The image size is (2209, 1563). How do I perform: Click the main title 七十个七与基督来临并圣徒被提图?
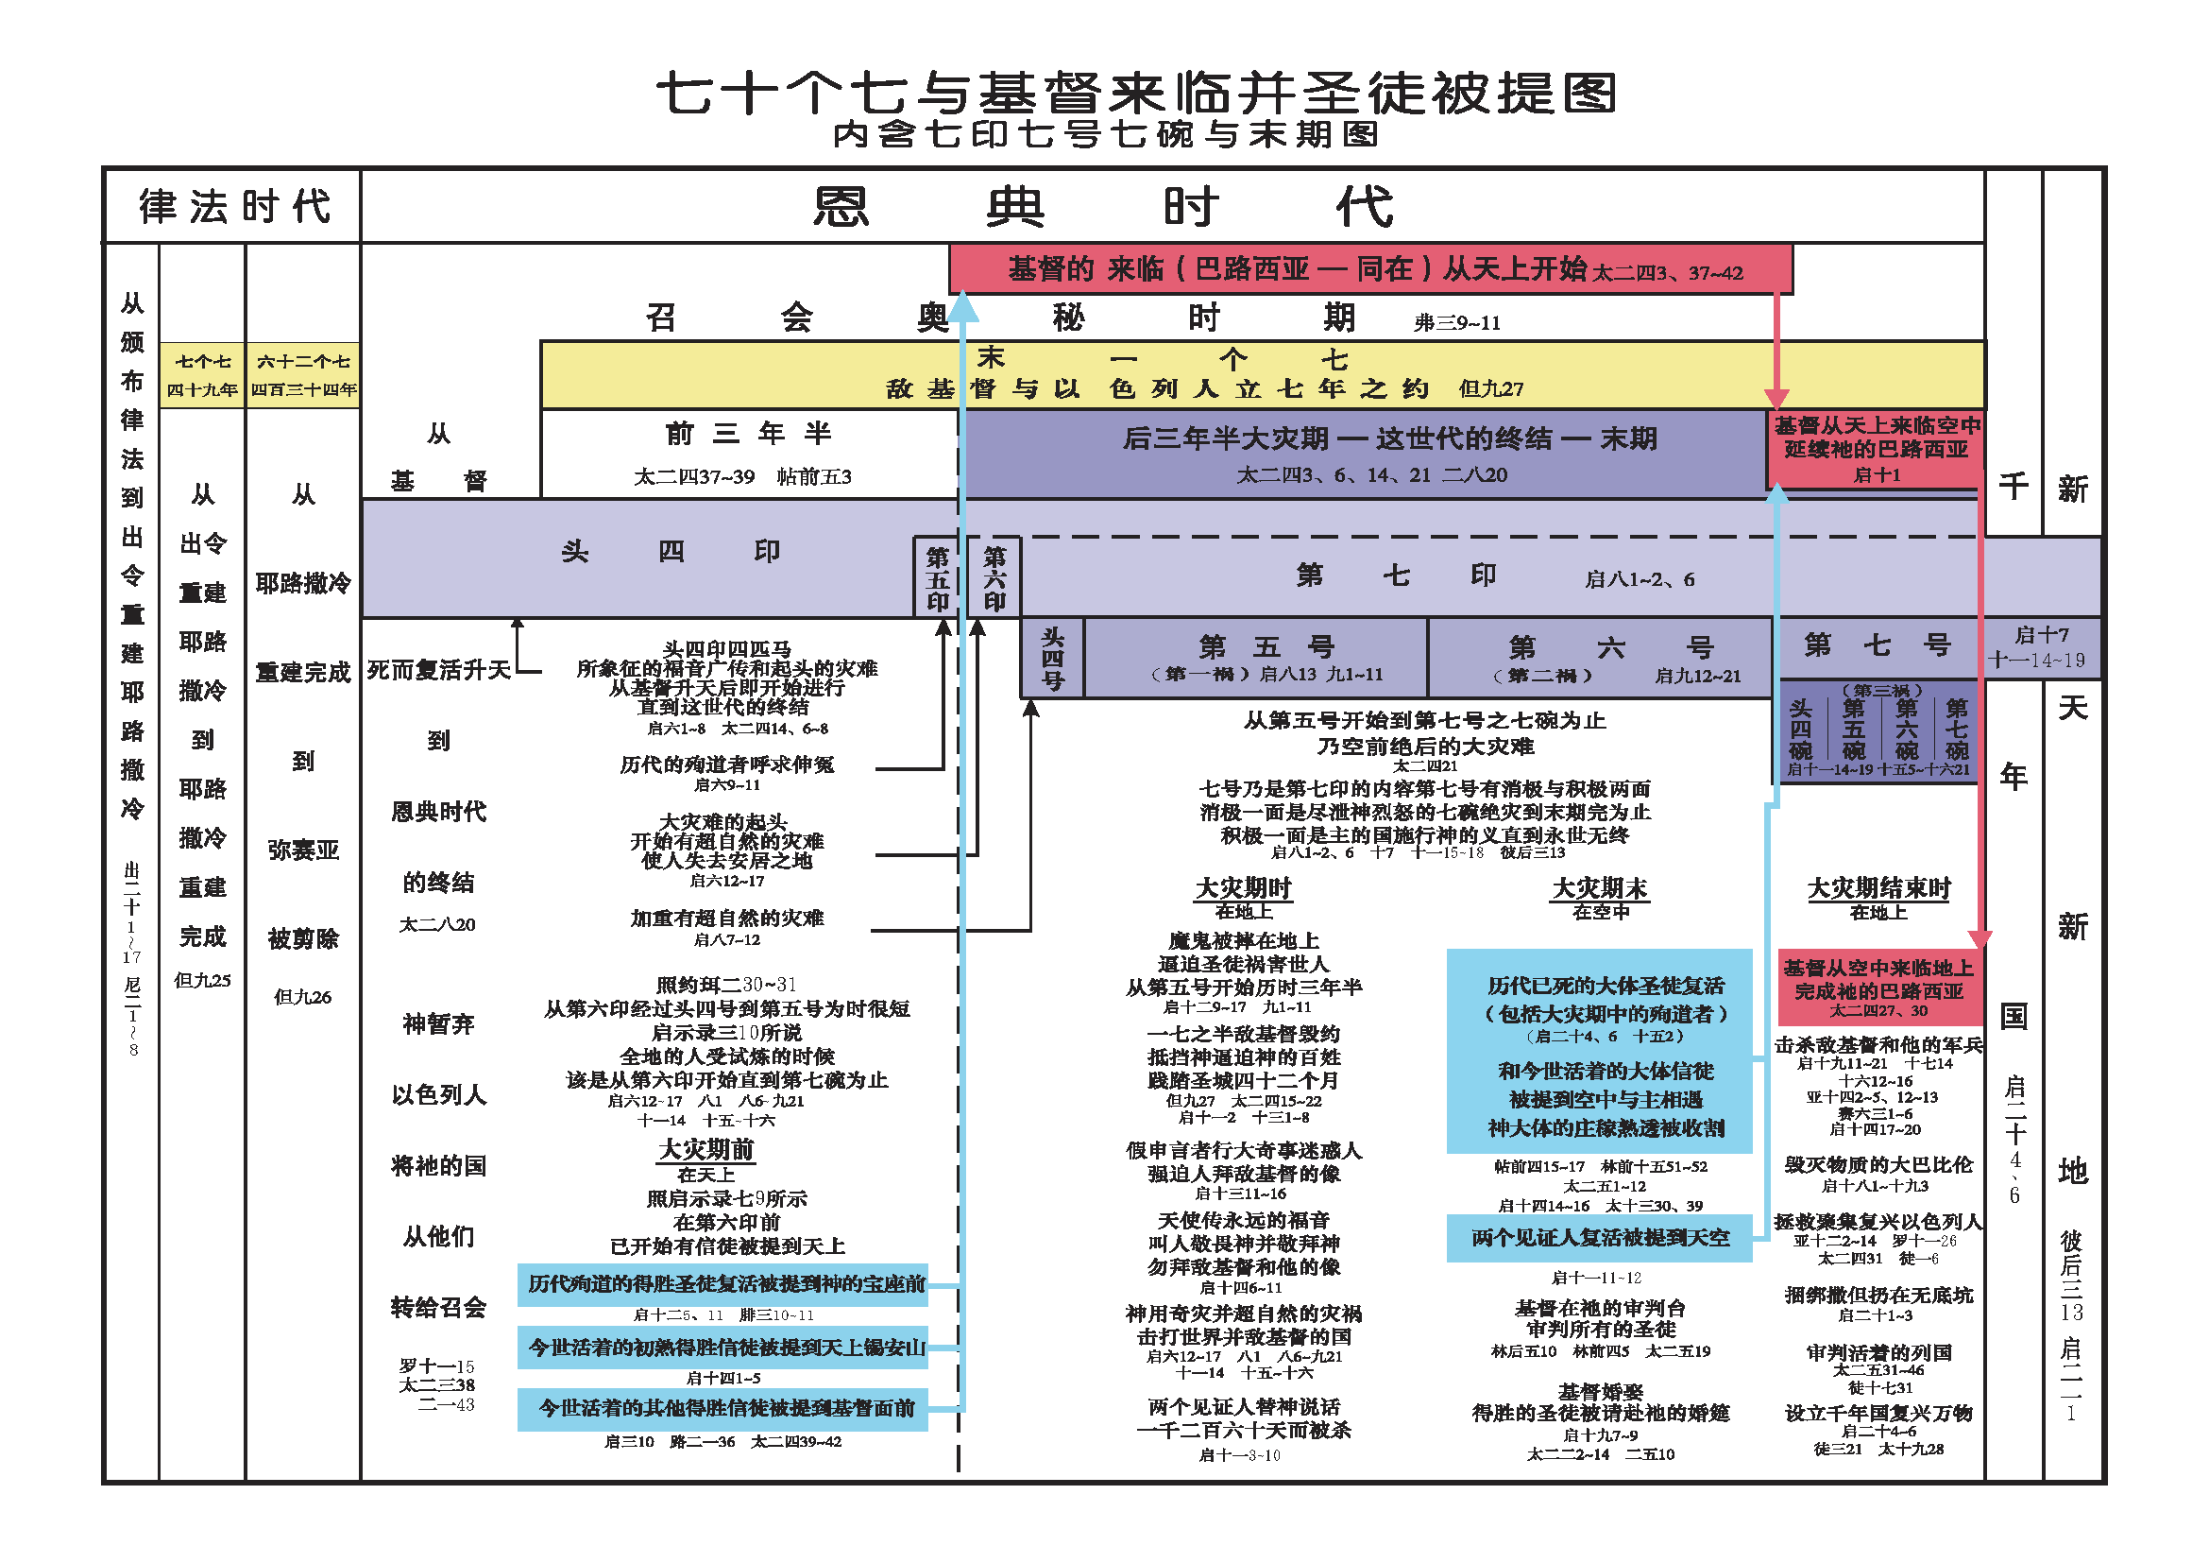pyautogui.click(x=1135, y=94)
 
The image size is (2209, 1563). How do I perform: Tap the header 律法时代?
pyautogui.click(x=234, y=207)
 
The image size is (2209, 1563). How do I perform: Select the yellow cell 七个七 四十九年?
pyautogui.click(x=202, y=375)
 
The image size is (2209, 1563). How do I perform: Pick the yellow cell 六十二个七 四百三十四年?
pyautogui.click(x=303, y=375)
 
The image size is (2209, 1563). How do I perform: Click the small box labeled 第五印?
pyautogui.click(x=936, y=578)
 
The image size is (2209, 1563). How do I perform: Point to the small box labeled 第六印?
pyautogui.click(x=994, y=578)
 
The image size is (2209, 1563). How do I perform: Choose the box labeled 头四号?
pyautogui.click(x=1052, y=659)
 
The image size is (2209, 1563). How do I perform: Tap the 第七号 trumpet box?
pyautogui.click(x=1877, y=645)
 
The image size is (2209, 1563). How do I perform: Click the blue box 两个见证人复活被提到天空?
pyautogui.click(x=1599, y=1238)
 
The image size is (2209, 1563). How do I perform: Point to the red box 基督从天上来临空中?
pyautogui.click(x=1877, y=450)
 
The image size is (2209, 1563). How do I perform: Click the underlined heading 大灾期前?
pyautogui.click(x=706, y=1150)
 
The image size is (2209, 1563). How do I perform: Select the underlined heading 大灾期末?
pyautogui.click(x=1599, y=888)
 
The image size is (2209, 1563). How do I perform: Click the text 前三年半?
pyautogui.click(x=749, y=434)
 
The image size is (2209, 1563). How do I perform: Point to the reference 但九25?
pyautogui.click(x=202, y=981)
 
